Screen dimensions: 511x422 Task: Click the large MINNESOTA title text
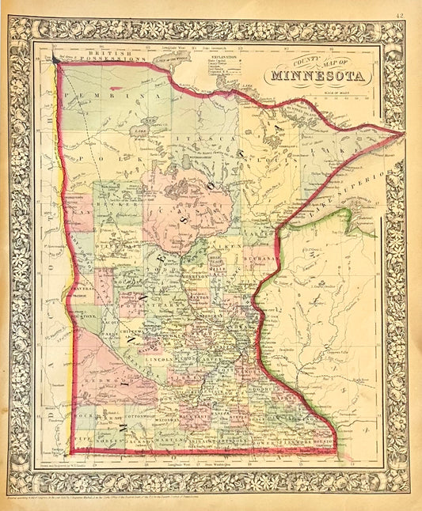(x=317, y=77)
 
